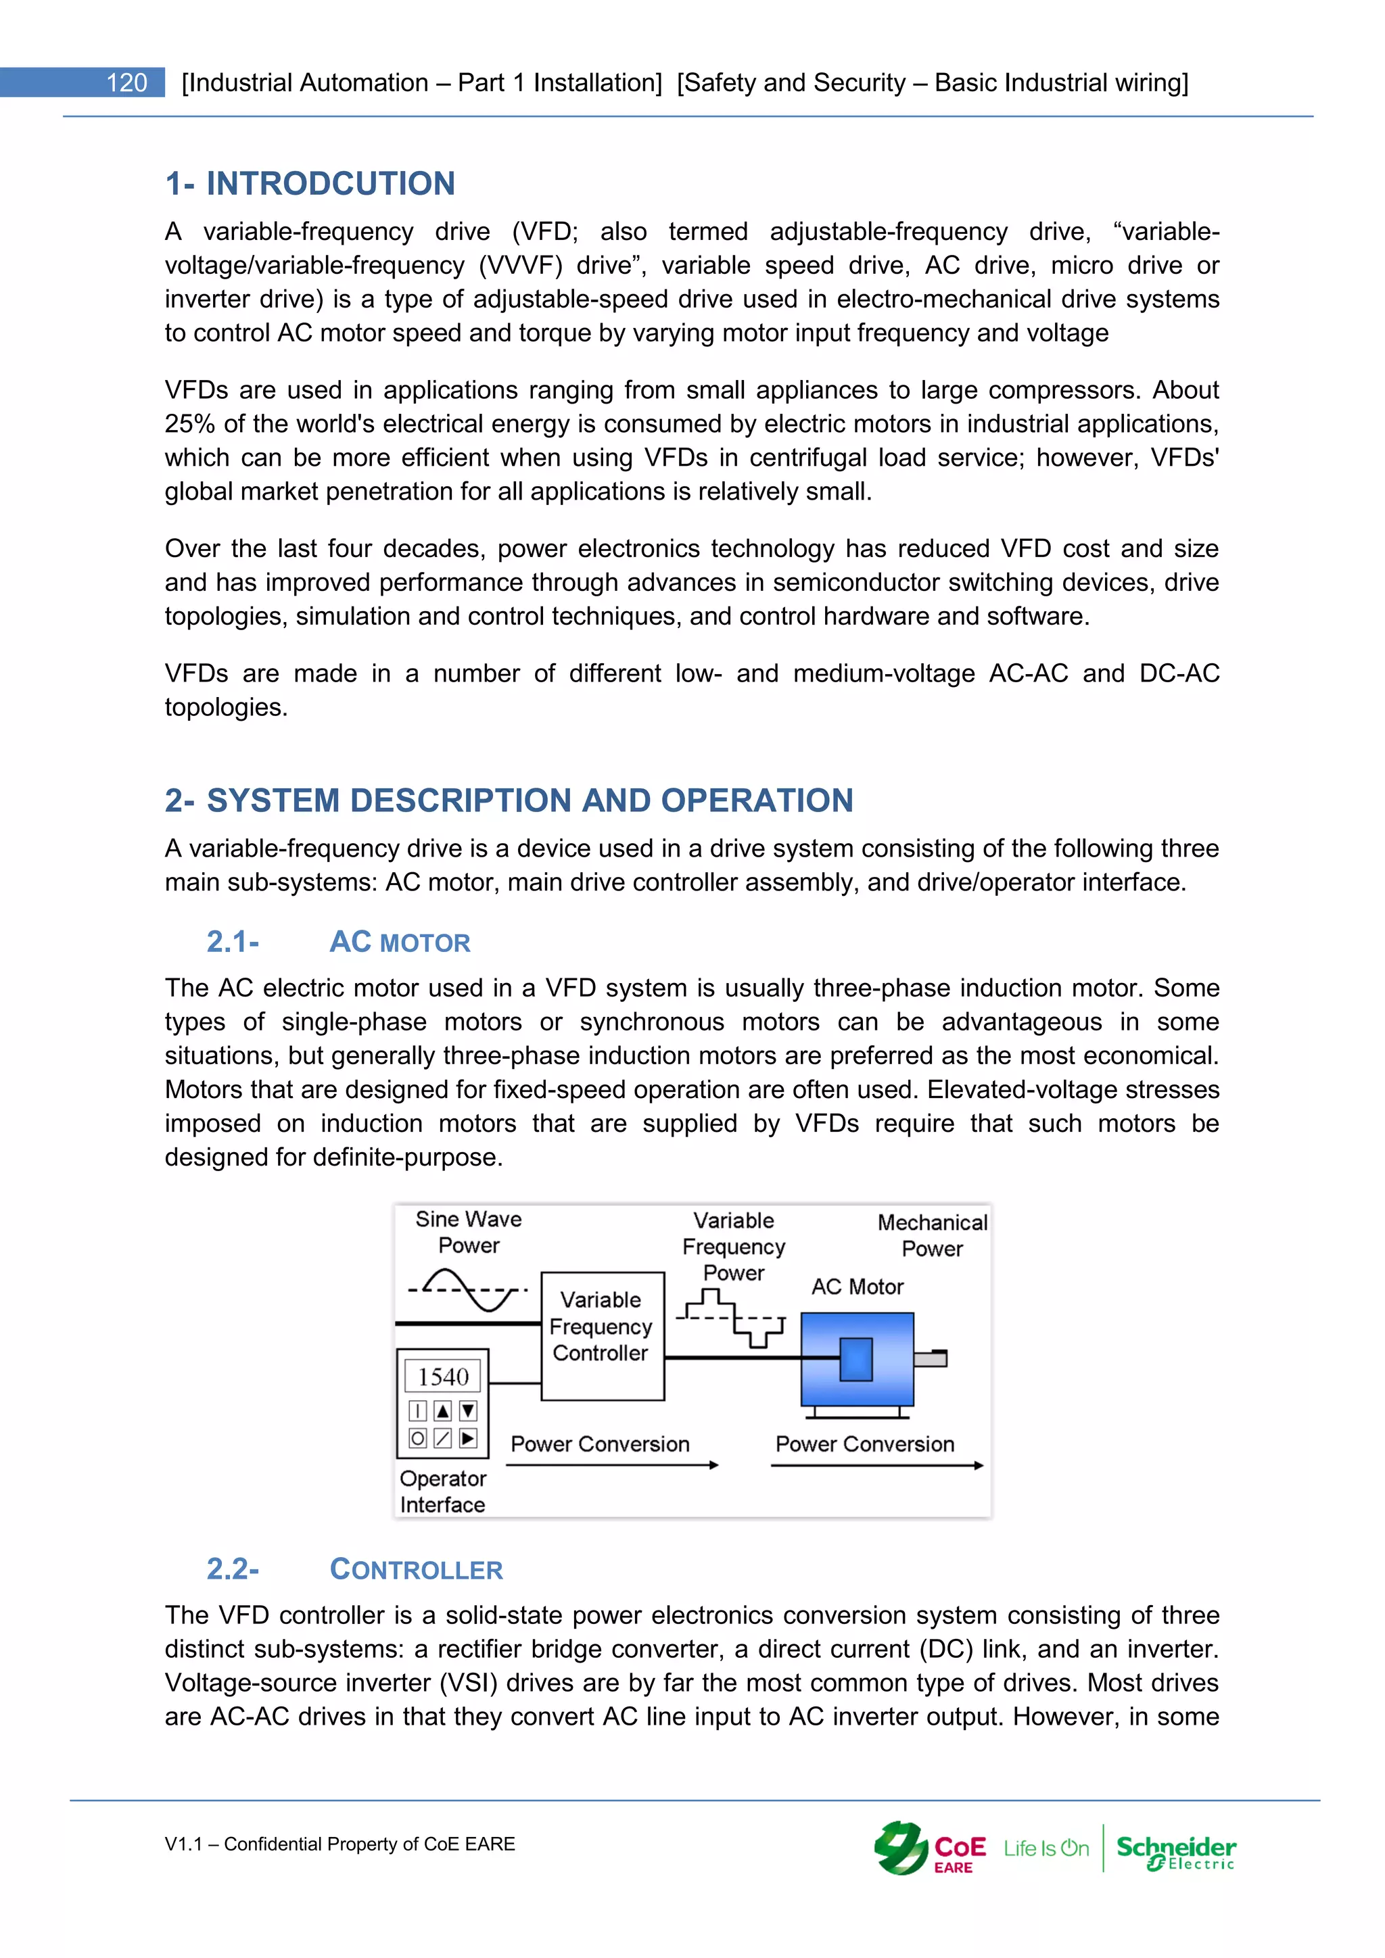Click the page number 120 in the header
[x=126, y=82]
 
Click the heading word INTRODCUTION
[x=330, y=183]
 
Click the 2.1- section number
[x=232, y=942]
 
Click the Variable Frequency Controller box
[x=602, y=1335]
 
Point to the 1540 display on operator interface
[x=443, y=1376]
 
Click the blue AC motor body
[x=856, y=1360]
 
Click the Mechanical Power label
[x=932, y=1235]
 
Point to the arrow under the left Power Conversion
[x=611, y=1465]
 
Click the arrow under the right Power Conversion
[x=876, y=1465]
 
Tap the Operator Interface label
[x=443, y=1491]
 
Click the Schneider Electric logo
[x=1176, y=1850]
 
